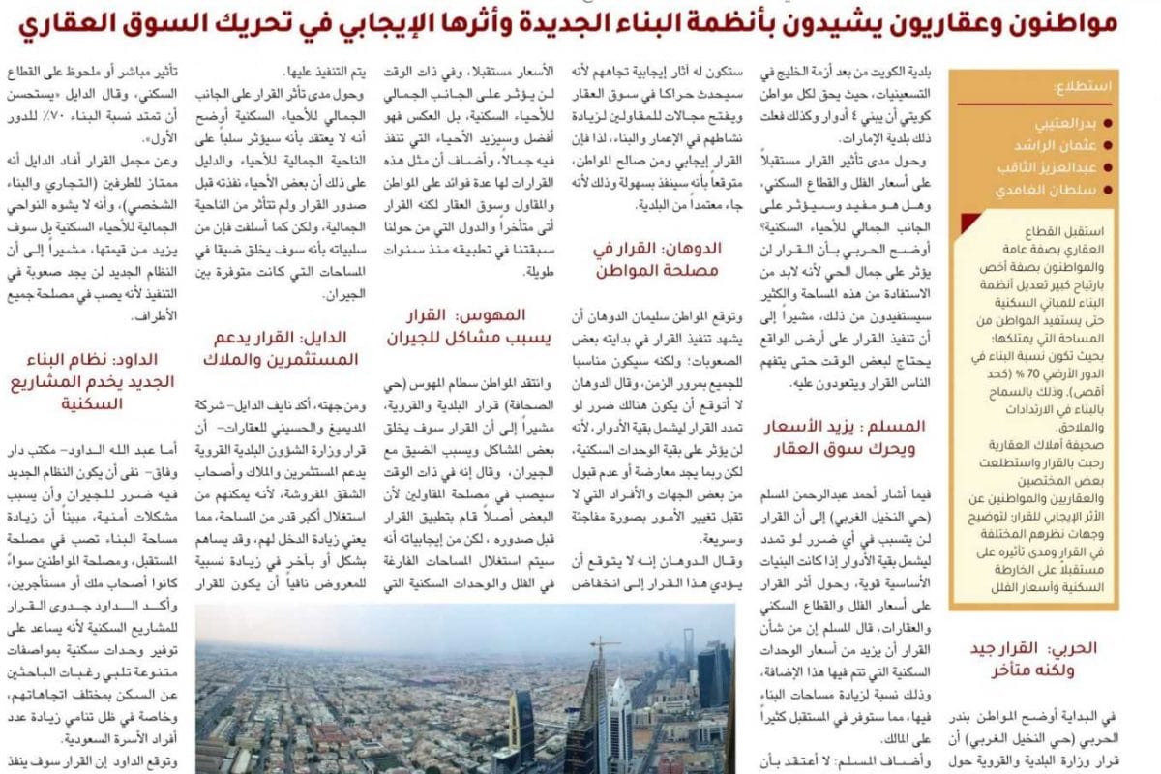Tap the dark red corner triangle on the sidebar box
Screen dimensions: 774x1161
(967, 224)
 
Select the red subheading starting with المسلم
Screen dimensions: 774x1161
(843, 437)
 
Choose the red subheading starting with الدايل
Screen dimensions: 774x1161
(281, 347)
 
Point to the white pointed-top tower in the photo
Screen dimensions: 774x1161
(620, 716)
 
